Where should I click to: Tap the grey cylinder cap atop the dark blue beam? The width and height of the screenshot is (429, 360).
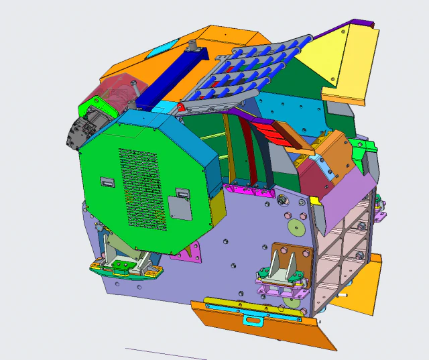(x=192, y=45)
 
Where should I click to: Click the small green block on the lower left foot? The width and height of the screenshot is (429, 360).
(x=121, y=266)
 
